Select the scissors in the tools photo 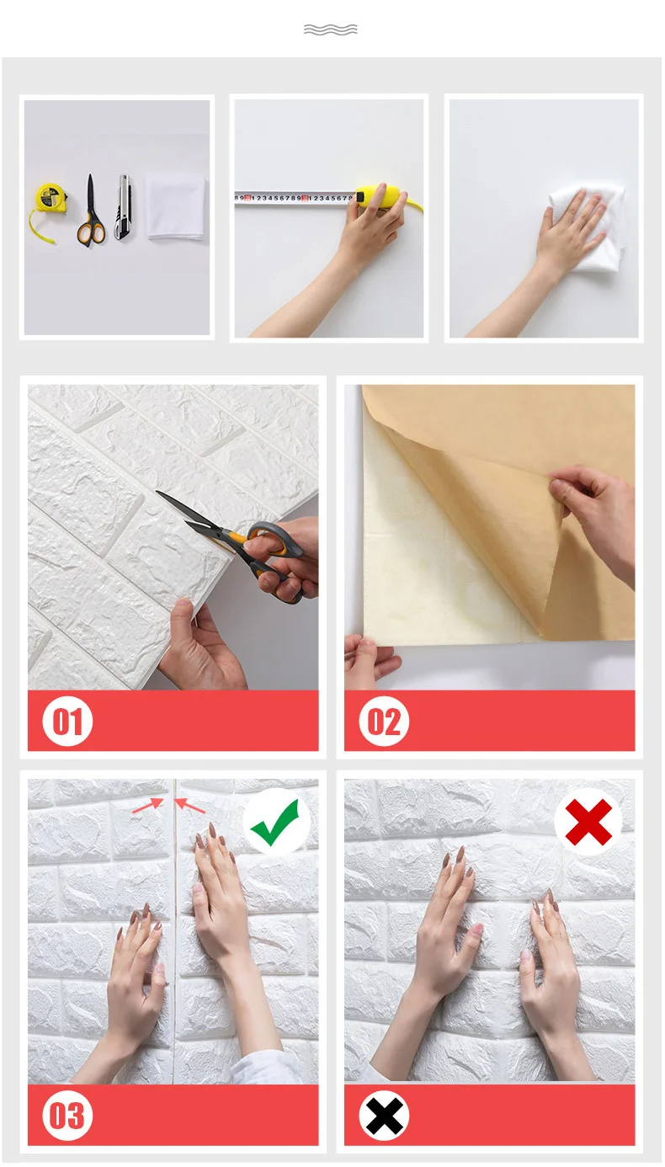point(91,212)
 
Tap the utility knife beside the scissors point(123,207)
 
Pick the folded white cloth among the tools point(176,208)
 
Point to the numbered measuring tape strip point(295,198)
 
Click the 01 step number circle point(67,722)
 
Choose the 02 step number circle point(384,722)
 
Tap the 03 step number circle point(67,1116)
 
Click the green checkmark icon point(274,823)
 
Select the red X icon point(588,823)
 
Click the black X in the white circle point(384,1116)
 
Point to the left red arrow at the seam point(148,806)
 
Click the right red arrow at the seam point(189,806)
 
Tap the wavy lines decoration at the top point(331,29)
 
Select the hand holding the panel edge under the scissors point(200,646)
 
